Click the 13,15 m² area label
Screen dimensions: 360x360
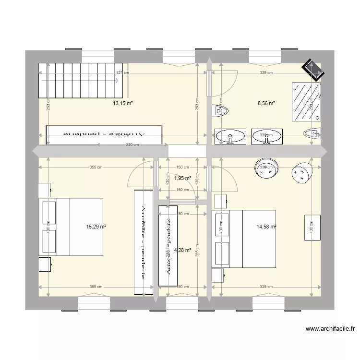click(123, 103)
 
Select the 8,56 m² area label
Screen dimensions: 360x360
click(266, 103)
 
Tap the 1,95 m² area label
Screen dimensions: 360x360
click(182, 178)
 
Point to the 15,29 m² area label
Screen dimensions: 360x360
click(96, 227)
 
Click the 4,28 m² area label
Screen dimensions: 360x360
click(182, 250)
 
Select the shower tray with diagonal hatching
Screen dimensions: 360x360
click(306, 102)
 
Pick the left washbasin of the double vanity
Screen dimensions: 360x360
click(230, 136)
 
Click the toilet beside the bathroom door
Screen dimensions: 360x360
click(221, 111)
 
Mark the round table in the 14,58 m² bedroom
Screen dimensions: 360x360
click(265, 167)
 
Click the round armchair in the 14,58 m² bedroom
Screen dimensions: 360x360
click(302, 172)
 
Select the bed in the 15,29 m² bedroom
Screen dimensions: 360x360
click(72, 227)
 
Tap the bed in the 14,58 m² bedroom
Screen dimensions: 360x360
click(244, 239)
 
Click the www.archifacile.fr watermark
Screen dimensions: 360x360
click(330, 329)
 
